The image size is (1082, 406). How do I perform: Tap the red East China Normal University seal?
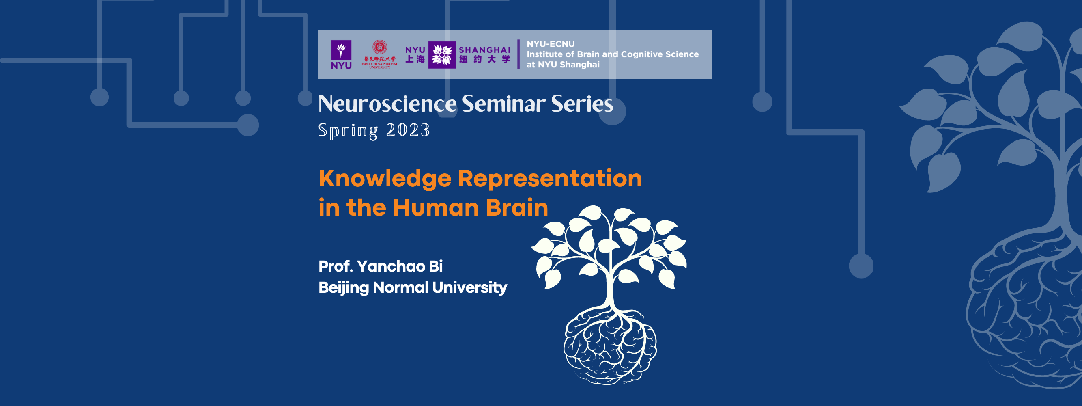[x=380, y=48]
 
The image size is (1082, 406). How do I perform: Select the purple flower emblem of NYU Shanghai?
[x=441, y=55]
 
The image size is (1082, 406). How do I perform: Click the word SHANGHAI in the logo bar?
[x=484, y=50]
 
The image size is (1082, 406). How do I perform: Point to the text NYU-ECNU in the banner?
[x=550, y=44]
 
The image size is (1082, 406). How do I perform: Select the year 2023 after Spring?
[x=407, y=130]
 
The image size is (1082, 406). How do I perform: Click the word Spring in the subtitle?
[x=348, y=130]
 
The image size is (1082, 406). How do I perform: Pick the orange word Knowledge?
[x=385, y=179]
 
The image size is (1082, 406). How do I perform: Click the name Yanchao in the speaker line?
[x=391, y=266]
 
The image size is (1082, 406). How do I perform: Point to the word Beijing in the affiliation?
[x=343, y=287]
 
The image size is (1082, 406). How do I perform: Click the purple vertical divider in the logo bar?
[x=518, y=54]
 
